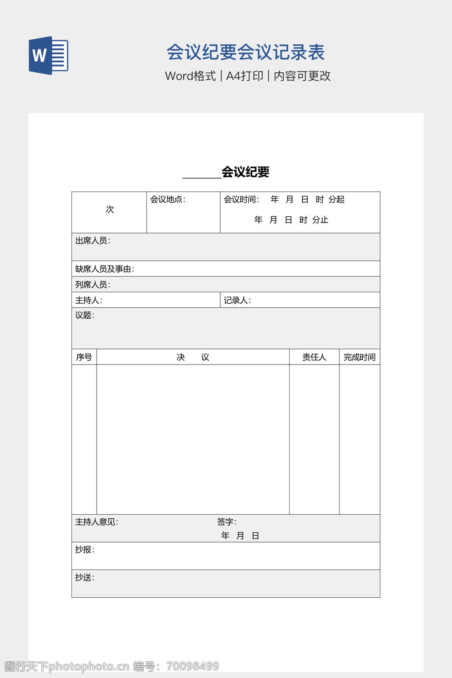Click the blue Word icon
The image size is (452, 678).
(48, 56)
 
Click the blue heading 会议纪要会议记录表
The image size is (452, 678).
(245, 53)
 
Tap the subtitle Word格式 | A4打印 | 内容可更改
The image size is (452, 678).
(248, 76)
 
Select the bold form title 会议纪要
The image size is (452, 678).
(245, 172)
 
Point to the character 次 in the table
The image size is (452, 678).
(110, 209)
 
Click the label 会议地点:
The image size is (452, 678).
(168, 200)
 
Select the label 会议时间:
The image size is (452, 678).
(241, 200)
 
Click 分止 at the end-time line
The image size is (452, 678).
(320, 220)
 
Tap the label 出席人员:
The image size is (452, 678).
(93, 241)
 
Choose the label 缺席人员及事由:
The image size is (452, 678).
(105, 269)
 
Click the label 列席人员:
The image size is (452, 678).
(93, 285)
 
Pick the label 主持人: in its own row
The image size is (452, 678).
(89, 301)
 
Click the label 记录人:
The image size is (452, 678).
(237, 301)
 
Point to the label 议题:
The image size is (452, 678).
(85, 315)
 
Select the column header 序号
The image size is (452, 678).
(84, 357)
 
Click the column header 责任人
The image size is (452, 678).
(314, 357)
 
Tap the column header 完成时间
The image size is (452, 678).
(359, 357)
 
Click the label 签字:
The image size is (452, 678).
(226, 522)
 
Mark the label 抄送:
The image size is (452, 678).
(85, 577)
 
